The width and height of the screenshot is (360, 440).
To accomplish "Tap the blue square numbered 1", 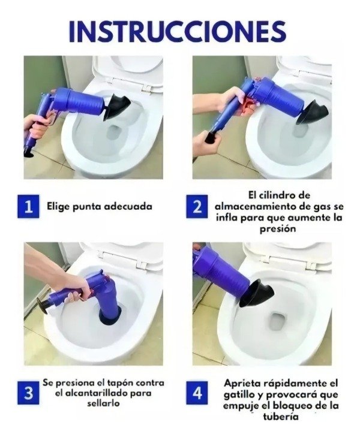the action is click(x=28, y=207).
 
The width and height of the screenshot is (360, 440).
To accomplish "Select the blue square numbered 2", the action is click(x=197, y=207).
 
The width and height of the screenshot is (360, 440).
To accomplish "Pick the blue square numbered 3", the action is click(x=28, y=393).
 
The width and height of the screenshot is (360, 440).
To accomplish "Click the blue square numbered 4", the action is click(x=197, y=393).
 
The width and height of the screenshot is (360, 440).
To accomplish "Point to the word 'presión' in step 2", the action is click(x=277, y=229).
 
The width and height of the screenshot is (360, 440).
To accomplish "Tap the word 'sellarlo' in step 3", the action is click(x=103, y=403).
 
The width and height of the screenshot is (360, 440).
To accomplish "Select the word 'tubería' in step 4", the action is click(x=281, y=417).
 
